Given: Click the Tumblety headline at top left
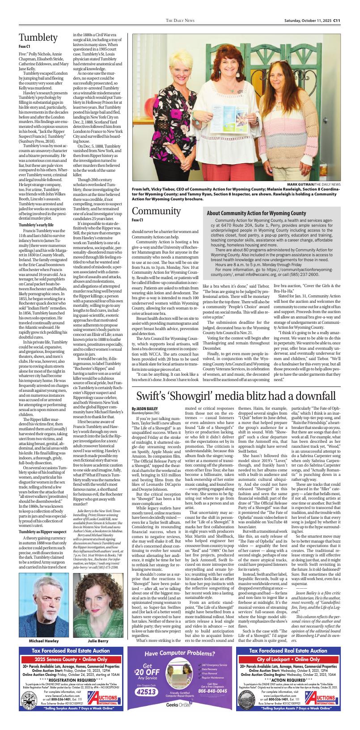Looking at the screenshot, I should click(38, 38).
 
